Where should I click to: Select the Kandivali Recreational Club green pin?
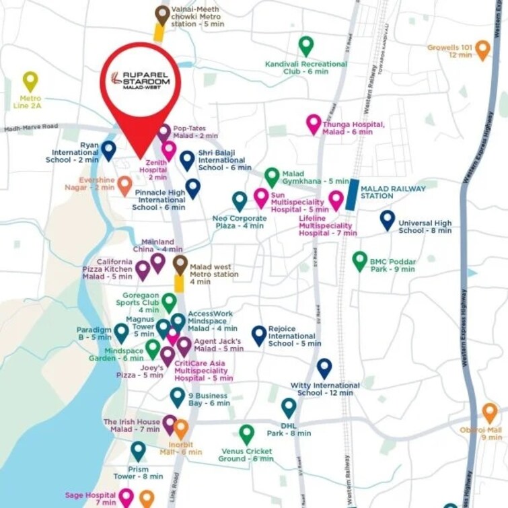(306, 46)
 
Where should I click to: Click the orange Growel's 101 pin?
(482, 49)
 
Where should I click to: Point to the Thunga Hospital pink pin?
(314, 124)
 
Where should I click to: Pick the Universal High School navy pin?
(387, 219)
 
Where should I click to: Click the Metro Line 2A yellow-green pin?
(30, 81)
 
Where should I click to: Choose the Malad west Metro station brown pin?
(180, 264)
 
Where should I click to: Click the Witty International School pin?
(324, 368)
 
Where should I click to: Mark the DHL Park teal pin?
(289, 407)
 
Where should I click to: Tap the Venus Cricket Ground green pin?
(247, 434)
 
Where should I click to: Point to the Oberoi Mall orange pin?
(490, 412)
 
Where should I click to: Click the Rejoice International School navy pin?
(259, 334)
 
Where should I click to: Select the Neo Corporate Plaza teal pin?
(240, 201)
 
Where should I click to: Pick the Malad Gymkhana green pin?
(271, 177)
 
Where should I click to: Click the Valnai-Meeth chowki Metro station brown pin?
(162, 14)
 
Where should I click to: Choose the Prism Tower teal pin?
(138, 450)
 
